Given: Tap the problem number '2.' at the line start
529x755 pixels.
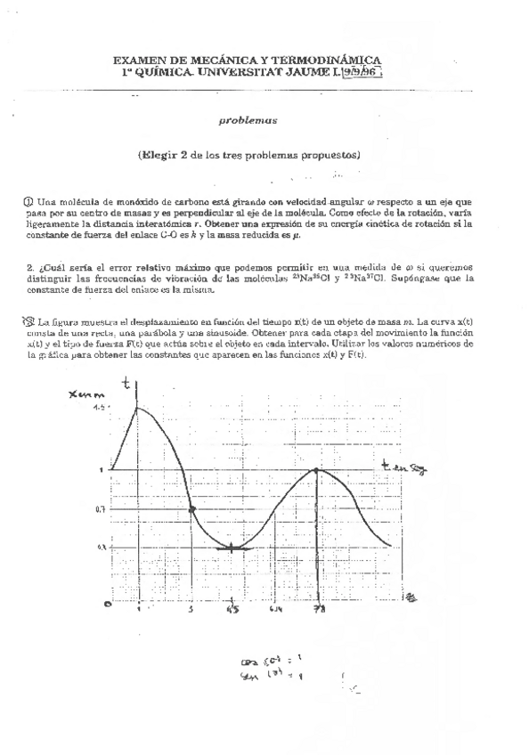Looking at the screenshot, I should [x=30, y=266].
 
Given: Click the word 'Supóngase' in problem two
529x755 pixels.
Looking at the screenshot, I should [x=405, y=278].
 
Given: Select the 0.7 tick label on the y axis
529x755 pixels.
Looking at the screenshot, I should [x=101, y=509].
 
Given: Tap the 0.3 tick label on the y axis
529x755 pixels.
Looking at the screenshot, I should [x=101, y=547].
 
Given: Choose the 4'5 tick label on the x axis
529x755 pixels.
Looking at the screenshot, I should [x=232, y=612].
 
